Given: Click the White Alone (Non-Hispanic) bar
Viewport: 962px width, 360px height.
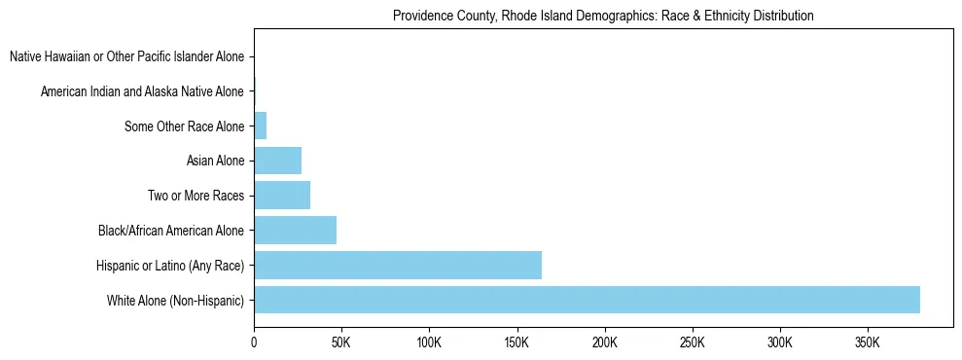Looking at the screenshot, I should (x=587, y=300).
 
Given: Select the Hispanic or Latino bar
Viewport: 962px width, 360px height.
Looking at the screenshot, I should (x=398, y=265).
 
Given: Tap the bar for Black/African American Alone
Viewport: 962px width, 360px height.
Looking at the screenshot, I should (x=295, y=231).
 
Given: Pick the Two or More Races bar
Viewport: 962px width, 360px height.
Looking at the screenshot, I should (x=282, y=196).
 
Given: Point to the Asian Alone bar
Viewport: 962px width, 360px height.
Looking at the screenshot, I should (x=277, y=161).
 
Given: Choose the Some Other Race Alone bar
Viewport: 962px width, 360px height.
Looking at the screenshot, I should (x=260, y=126).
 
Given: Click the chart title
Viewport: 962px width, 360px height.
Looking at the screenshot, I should (x=603, y=17).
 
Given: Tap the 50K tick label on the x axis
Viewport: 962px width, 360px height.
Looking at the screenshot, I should (x=341, y=343).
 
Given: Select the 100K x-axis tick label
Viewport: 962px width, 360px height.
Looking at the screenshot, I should (x=429, y=343).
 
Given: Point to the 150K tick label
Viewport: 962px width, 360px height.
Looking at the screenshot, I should (x=517, y=343).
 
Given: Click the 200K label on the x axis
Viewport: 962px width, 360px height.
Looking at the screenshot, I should (x=604, y=343).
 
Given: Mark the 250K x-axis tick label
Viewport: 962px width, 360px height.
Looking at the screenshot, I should (x=692, y=343).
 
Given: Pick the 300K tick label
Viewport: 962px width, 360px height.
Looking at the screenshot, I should (x=779, y=343).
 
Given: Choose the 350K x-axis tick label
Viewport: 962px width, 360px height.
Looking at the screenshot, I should (x=867, y=343).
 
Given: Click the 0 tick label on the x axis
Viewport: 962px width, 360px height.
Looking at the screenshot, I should (x=254, y=343).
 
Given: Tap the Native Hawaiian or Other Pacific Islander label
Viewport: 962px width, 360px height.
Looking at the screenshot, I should (x=126, y=57).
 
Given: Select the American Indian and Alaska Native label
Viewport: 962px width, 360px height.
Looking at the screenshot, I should (x=142, y=91).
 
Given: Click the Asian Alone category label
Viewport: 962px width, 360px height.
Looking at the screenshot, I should (x=215, y=161).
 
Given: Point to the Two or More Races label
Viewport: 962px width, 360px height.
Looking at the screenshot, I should (x=196, y=196).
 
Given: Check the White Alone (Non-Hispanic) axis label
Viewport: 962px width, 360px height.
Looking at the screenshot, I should (x=176, y=300).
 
